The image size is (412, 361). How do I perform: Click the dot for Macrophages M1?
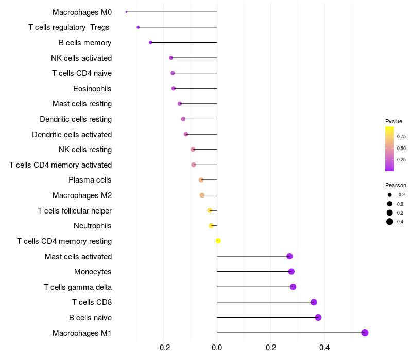click(365, 333)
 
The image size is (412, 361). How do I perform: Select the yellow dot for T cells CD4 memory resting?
click(218, 241)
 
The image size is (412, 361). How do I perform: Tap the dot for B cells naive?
click(318, 317)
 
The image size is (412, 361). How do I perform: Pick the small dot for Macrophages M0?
click(126, 12)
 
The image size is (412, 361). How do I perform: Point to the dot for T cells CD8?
click(314, 302)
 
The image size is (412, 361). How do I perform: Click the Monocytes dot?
click(291, 272)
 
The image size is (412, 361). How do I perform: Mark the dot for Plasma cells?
click(201, 180)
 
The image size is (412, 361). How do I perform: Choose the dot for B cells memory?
click(150, 42)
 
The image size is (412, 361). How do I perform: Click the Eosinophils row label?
click(92, 89)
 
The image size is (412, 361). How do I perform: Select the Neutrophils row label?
click(93, 226)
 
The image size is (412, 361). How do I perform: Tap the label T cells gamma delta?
click(78, 287)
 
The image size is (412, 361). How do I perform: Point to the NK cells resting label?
click(85, 150)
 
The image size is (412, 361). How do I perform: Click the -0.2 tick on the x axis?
click(163, 348)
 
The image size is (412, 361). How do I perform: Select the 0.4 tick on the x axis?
click(324, 348)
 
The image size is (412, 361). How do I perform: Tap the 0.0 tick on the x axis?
click(217, 348)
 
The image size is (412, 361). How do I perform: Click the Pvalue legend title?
click(393, 121)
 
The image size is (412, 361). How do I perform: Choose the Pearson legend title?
click(396, 185)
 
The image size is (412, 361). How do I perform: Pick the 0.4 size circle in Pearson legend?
click(390, 222)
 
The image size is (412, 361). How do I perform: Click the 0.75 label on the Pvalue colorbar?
click(401, 137)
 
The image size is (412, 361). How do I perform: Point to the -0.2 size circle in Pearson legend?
click(390, 195)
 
